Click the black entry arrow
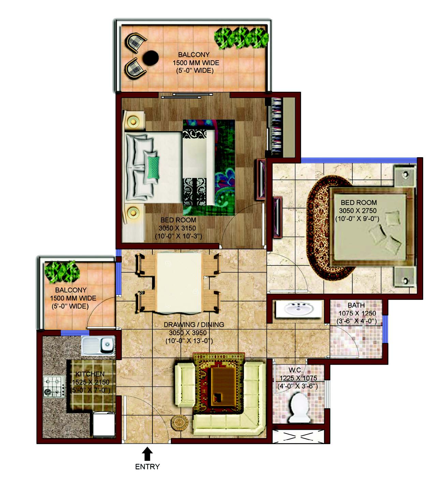pos(147,453)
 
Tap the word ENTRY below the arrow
pos(147,467)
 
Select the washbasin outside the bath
pos(299,308)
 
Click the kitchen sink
pos(98,345)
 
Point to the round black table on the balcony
pos(151,58)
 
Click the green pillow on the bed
pos(153,167)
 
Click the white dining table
pos(179,282)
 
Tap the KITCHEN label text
pos(90,374)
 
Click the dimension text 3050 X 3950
pos(188,333)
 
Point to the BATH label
pos(356,305)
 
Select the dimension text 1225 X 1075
pos(298,378)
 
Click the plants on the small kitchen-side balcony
pos(62,272)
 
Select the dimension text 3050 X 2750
pos(358,210)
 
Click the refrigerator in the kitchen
pos(104,424)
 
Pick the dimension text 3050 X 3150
pos(177,228)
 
